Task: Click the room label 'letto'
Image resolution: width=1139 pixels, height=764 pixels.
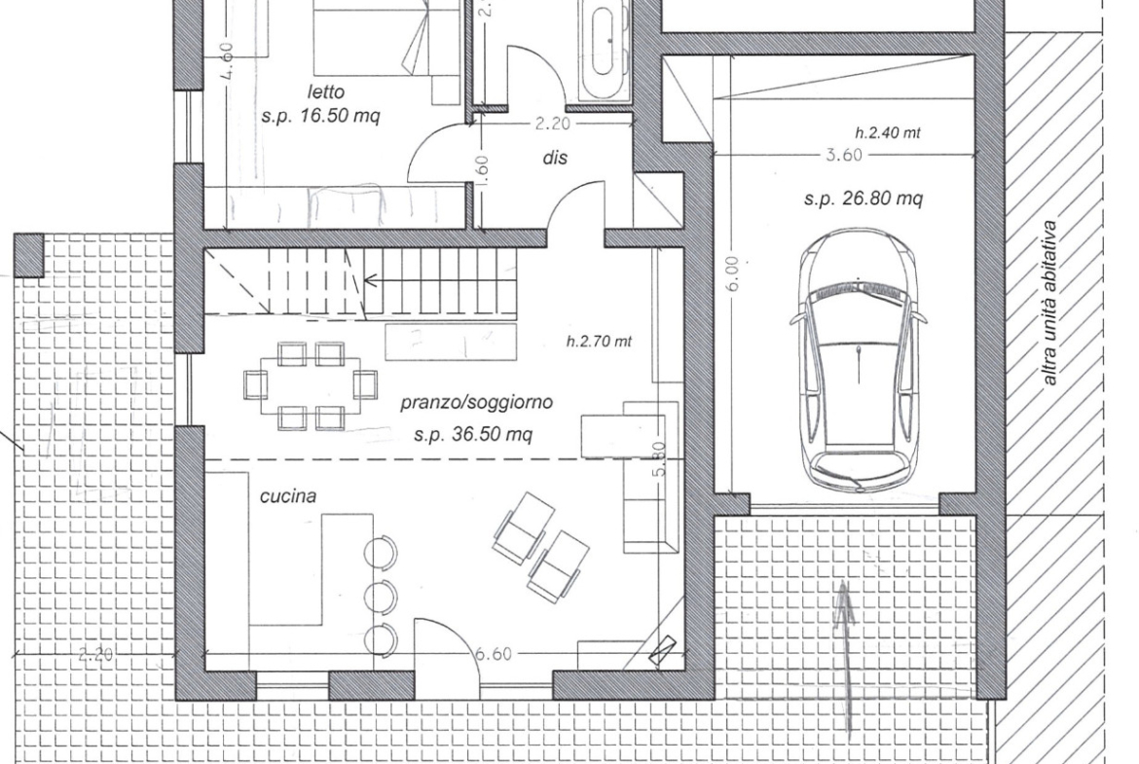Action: (x=325, y=92)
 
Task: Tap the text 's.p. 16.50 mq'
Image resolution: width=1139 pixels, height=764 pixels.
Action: (x=320, y=116)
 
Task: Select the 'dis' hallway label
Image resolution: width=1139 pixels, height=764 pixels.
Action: (x=554, y=158)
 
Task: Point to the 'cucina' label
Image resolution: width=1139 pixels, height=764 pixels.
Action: (x=288, y=496)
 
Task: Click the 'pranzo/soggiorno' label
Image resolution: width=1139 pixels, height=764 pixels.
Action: (x=476, y=402)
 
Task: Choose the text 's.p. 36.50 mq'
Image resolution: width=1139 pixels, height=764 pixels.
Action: (x=473, y=434)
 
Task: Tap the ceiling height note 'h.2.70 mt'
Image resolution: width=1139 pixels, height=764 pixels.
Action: (x=600, y=341)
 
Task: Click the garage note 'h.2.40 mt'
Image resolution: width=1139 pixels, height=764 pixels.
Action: (x=888, y=133)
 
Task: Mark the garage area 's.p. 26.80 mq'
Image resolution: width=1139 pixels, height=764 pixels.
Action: (x=863, y=199)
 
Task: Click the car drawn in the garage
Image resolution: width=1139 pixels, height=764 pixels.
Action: (x=859, y=360)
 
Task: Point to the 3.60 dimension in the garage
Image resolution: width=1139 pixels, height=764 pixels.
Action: (x=844, y=155)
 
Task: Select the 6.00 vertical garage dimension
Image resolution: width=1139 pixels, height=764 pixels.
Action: (x=732, y=273)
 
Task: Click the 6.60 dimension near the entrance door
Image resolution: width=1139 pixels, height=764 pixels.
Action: (x=494, y=654)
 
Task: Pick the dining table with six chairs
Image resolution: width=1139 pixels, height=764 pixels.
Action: (x=311, y=384)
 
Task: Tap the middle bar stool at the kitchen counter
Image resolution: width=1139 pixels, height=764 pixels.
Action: (x=381, y=597)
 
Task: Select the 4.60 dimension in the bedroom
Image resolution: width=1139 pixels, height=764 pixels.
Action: (x=226, y=60)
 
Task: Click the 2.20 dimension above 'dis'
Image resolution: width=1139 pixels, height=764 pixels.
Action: (x=553, y=124)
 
